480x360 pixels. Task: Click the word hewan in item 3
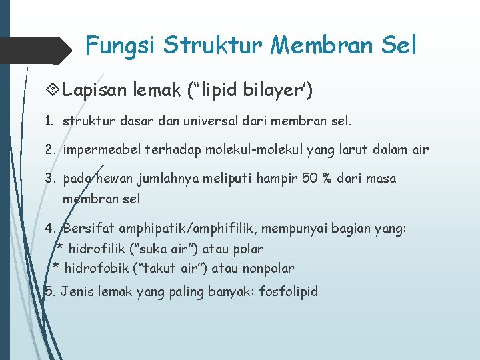click(x=113, y=179)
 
